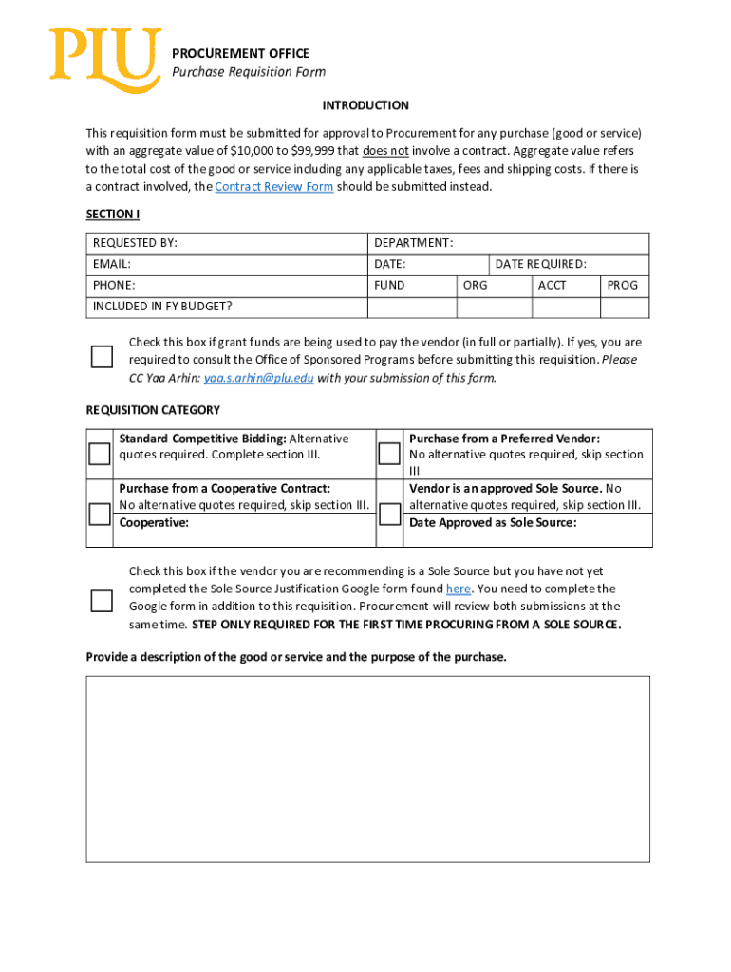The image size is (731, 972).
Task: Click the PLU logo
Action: (104, 60)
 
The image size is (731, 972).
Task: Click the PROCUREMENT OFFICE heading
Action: (240, 53)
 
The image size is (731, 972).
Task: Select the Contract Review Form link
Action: (274, 187)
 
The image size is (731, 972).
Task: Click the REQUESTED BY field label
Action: (135, 243)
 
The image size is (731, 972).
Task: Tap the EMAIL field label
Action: (112, 264)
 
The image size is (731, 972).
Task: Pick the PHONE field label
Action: (114, 285)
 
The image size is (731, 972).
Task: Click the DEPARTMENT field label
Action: (414, 243)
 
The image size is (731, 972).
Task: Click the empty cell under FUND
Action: (411, 307)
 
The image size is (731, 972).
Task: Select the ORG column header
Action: (476, 285)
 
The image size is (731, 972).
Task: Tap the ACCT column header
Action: (552, 285)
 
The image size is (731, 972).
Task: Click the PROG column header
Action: (623, 285)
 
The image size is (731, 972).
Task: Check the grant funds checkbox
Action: (102, 357)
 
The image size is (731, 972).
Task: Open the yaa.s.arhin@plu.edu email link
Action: (258, 378)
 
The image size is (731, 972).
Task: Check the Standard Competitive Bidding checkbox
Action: (100, 454)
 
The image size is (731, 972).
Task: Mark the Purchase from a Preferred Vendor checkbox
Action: (389, 454)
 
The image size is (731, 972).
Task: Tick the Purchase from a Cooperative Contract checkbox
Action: (100, 514)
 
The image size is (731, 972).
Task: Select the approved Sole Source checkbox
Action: (389, 514)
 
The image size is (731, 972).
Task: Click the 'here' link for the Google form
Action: (459, 589)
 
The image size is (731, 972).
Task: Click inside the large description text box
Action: (367, 768)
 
